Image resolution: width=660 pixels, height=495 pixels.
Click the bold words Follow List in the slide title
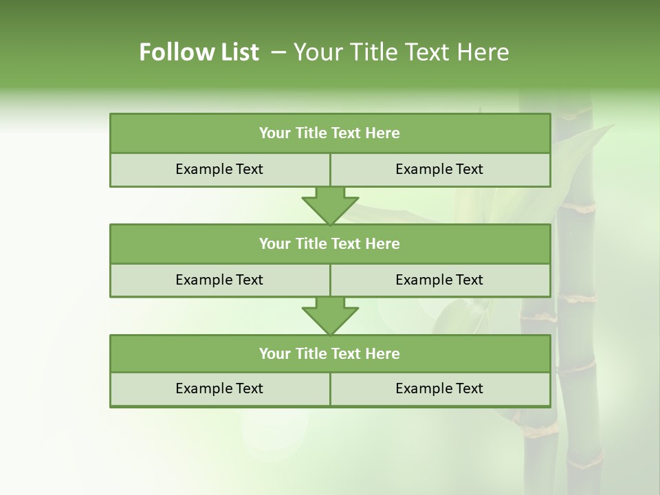pyautogui.click(x=199, y=52)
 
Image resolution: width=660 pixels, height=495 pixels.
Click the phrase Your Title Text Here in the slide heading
pyautogui.click(x=401, y=52)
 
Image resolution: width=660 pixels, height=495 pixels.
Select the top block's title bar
pyautogui.click(x=330, y=133)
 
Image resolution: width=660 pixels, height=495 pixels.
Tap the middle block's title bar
pyautogui.click(x=330, y=243)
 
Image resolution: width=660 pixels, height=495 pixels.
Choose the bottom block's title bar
pyautogui.click(x=330, y=353)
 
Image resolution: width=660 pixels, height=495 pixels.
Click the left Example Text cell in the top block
pyautogui.click(x=219, y=169)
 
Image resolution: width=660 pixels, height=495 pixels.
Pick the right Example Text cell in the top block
pyautogui.click(x=440, y=169)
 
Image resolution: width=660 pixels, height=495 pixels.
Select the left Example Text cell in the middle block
pyautogui.click(x=219, y=280)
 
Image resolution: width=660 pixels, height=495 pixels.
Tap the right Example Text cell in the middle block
pyautogui.click(x=440, y=280)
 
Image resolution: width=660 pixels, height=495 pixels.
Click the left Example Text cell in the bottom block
pyautogui.click(x=219, y=388)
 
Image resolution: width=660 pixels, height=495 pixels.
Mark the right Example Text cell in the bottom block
pyautogui.click(x=440, y=388)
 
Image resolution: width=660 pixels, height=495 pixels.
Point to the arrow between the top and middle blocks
pyautogui.click(x=330, y=205)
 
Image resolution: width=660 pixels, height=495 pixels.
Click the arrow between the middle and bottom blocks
pyautogui.click(x=330, y=316)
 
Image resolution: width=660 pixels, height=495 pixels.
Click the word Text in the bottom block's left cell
pyautogui.click(x=248, y=388)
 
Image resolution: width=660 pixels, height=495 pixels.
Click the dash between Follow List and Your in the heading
pyautogui.click(x=279, y=52)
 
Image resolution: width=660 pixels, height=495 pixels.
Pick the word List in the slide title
pyautogui.click(x=239, y=52)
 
